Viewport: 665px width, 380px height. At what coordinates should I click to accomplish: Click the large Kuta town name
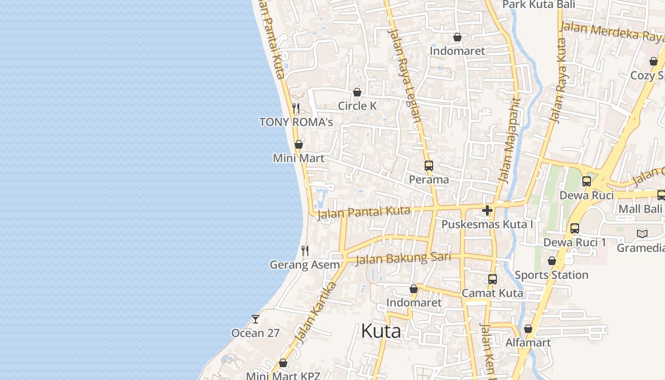click(380, 331)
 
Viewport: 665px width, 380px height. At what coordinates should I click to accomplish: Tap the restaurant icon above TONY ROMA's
click(296, 108)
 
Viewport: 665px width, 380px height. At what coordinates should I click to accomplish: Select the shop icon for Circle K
click(357, 92)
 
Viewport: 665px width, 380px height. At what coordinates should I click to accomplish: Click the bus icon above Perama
click(428, 166)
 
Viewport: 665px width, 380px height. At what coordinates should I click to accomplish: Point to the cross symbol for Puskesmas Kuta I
click(487, 210)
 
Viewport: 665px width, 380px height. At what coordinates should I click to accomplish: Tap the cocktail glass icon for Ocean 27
click(256, 319)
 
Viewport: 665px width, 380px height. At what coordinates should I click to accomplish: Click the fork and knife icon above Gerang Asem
click(305, 251)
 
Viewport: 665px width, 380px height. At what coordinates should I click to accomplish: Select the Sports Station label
click(551, 275)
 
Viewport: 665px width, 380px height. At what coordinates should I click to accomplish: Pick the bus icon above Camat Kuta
click(493, 279)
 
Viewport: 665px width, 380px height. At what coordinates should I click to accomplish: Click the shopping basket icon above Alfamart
click(528, 329)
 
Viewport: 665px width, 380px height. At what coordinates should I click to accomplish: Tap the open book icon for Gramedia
click(642, 234)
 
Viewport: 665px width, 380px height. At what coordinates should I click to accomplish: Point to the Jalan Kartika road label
click(315, 312)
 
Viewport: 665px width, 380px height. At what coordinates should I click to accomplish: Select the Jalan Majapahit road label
click(509, 140)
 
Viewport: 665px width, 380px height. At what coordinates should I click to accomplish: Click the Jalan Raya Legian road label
click(404, 76)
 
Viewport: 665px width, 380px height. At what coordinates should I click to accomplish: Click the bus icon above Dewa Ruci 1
click(575, 228)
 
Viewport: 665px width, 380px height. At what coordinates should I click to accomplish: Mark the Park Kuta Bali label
click(539, 5)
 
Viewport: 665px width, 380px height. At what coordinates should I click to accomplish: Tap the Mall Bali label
click(640, 209)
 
